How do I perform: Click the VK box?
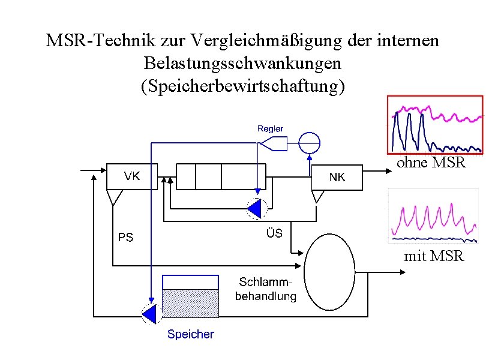(x=132, y=176)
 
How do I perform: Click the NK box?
(x=338, y=177)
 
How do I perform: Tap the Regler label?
(x=270, y=128)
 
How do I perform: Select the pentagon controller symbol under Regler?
(x=273, y=143)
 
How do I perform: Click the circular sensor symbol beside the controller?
(x=310, y=143)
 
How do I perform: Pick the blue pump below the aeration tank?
(x=257, y=208)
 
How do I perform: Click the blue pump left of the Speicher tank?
(x=148, y=313)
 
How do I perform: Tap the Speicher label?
(x=190, y=334)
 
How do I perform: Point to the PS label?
(x=125, y=238)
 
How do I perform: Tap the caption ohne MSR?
(x=431, y=162)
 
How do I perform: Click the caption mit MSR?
(x=434, y=256)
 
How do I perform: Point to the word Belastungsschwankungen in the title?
(x=242, y=63)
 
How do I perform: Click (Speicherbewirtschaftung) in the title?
(x=242, y=85)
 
